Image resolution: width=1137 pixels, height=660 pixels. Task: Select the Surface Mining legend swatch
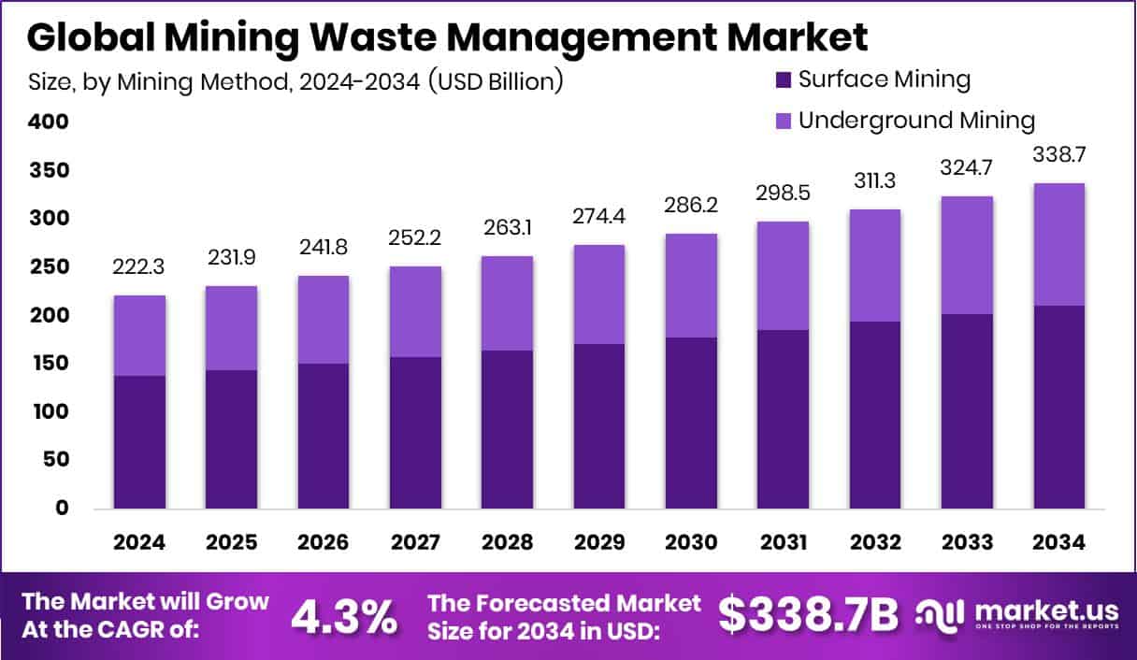[x=783, y=79]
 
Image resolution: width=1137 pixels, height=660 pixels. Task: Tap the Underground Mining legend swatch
[x=783, y=121]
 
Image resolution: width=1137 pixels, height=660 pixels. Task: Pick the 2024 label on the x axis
[x=139, y=543]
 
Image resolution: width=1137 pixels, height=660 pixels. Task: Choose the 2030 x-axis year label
[x=691, y=543]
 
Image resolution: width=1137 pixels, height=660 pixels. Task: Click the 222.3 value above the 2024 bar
[x=139, y=267]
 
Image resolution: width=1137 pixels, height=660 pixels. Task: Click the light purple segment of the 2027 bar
[x=415, y=311]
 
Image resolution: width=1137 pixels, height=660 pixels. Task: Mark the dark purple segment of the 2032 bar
[x=875, y=415]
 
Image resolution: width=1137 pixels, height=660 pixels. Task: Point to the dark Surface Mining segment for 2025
[x=231, y=439]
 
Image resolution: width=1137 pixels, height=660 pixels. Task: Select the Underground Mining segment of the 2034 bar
[x=1058, y=244]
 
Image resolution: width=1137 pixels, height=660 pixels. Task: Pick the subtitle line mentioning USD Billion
[x=295, y=81]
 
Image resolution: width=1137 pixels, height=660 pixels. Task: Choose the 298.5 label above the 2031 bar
[x=783, y=194]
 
